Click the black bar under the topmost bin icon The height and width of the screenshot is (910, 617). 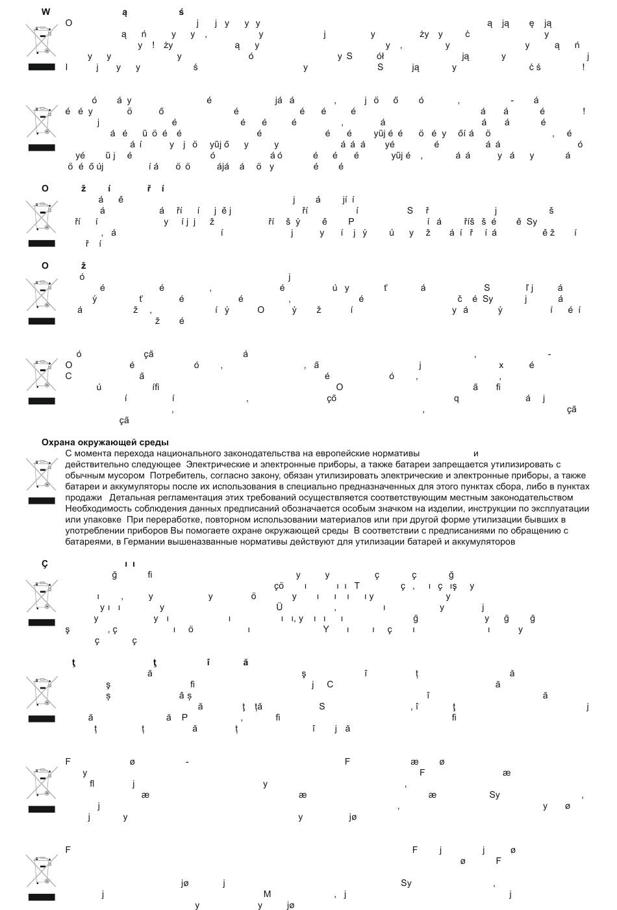point(42,67)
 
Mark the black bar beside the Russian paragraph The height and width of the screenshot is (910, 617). point(42,501)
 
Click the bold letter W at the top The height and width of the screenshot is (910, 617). point(45,12)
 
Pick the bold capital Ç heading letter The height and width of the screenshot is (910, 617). point(45,564)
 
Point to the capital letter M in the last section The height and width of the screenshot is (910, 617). point(267,894)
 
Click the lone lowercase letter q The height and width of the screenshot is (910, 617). point(456,399)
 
